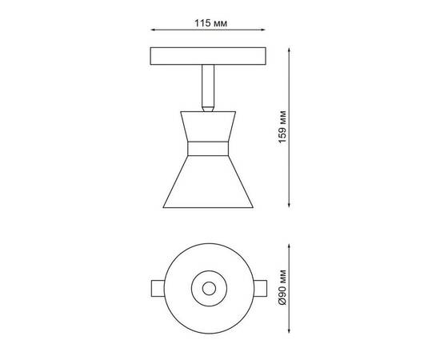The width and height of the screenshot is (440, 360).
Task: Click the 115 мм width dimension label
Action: [x=211, y=24]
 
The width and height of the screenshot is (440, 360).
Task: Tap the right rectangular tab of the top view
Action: [x=264, y=289]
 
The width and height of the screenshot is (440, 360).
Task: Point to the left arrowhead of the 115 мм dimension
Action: [x=152, y=34]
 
